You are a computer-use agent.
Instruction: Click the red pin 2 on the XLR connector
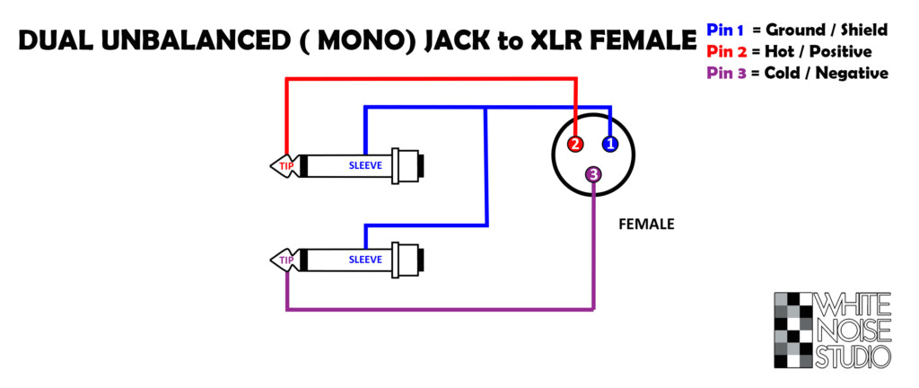point(575,144)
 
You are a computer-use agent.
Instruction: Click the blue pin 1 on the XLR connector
point(609,144)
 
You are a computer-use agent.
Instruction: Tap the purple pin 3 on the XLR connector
point(593,174)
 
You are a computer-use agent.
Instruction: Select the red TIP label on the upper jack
point(286,166)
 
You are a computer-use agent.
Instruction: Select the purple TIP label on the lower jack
point(286,260)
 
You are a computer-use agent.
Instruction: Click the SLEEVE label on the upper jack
point(365,166)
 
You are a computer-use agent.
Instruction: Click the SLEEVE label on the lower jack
point(365,260)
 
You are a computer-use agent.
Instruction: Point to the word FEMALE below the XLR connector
point(646,225)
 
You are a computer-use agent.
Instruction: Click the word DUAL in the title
point(50,41)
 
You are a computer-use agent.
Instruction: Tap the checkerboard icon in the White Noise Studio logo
point(792,330)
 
